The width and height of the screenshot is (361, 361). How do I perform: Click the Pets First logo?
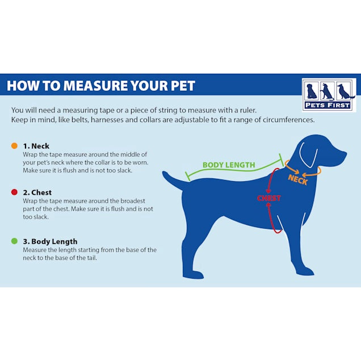(329, 94)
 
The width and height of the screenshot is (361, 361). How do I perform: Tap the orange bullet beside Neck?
(14, 146)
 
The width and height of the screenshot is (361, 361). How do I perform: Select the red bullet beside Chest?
(14, 192)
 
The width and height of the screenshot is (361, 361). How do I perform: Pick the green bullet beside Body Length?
(14, 241)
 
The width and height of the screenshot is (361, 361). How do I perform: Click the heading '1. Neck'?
(36, 146)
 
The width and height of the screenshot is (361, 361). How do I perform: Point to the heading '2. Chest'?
(37, 192)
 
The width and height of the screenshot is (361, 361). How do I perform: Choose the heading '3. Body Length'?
(50, 241)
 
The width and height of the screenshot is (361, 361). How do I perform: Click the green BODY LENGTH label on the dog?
(229, 165)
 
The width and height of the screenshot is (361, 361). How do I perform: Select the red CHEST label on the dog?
(269, 198)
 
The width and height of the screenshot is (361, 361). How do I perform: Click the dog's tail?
(172, 180)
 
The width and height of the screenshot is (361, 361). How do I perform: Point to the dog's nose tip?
(345, 154)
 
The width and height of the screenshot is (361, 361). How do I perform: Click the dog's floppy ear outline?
(309, 155)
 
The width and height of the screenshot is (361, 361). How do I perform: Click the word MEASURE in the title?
(91, 86)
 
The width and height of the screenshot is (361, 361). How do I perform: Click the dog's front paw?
(305, 271)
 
